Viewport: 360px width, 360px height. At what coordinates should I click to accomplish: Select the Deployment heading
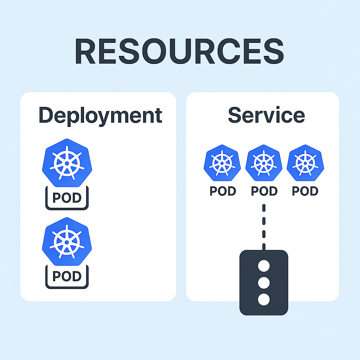(x=100, y=115)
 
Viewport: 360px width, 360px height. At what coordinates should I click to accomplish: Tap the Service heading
(x=266, y=115)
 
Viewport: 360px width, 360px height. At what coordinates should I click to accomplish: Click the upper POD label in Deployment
(x=67, y=198)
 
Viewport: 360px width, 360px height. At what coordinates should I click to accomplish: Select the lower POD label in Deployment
(x=67, y=276)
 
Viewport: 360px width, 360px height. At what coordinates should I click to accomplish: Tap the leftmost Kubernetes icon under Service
(x=222, y=163)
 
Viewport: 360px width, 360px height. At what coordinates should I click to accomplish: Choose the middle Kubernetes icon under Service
(x=264, y=163)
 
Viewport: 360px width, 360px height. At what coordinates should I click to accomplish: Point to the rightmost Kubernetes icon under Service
(x=305, y=163)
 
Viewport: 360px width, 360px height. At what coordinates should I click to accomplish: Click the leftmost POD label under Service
(x=223, y=191)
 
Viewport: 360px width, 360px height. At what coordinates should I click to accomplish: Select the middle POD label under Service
(x=264, y=191)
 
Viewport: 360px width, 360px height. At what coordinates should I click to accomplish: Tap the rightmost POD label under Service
(x=305, y=191)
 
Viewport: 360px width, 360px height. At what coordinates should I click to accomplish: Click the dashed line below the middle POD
(x=264, y=225)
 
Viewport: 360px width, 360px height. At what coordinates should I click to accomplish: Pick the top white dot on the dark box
(x=264, y=266)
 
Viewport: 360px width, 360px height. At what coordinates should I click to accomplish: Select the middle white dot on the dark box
(x=264, y=283)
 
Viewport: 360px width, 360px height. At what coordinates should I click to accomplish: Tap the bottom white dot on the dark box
(x=264, y=300)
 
